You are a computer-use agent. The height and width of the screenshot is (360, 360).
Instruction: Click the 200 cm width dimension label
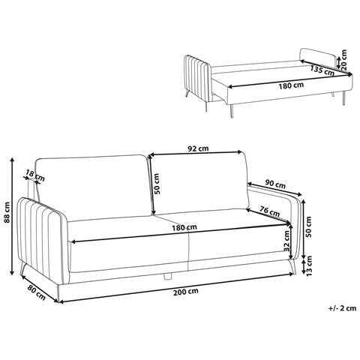click(x=186, y=292)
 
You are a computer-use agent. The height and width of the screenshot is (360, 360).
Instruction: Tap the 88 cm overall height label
click(x=8, y=212)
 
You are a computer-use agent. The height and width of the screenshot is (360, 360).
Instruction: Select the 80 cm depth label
click(x=37, y=292)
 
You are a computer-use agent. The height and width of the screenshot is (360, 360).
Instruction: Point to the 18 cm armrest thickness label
click(x=35, y=175)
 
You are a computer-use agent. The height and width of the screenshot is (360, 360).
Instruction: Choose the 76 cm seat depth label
click(x=269, y=211)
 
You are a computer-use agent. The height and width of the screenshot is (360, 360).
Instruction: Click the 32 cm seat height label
click(x=286, y=241)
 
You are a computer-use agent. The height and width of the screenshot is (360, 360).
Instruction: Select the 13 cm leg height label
click(x=309, y=265)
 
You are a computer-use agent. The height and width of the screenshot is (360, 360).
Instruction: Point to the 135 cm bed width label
click(x=322, y=70)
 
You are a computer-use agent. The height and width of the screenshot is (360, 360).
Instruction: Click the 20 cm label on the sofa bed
click(x=343, y=60)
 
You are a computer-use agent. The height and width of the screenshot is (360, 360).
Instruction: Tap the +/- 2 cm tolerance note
click(x=342, y=308)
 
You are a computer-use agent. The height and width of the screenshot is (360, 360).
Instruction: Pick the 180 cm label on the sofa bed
click(x=291, y=85)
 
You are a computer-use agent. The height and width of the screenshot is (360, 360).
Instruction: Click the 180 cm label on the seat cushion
click(x=184, y=228)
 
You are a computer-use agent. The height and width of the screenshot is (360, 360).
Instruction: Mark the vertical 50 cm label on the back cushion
click(x=157, y=184)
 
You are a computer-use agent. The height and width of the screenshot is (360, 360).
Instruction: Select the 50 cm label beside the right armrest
click(x=309, y=226)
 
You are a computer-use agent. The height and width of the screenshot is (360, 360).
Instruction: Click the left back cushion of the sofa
click(x=94, y=187)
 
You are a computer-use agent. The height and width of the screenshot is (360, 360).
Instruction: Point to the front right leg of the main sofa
click(x=292, y=267)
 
